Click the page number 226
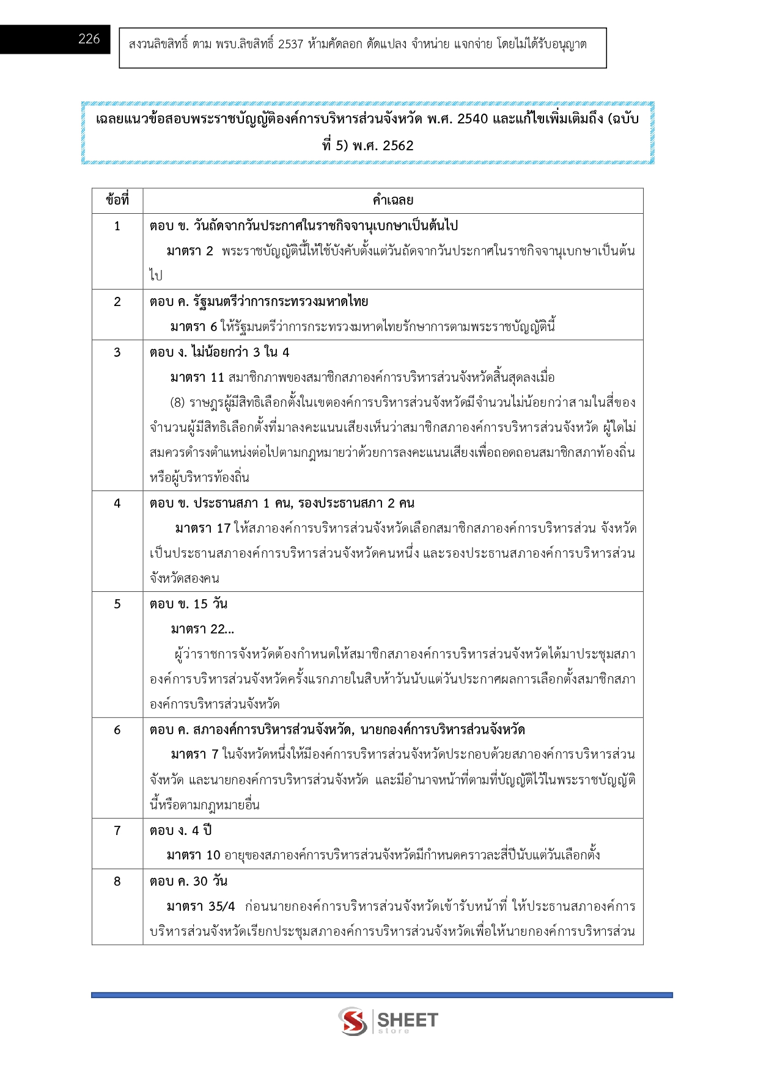point(89,39)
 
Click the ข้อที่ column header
point(117,200)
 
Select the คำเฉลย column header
point(393,200)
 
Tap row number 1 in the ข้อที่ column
point(117,226)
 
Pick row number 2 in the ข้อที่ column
point(117,302)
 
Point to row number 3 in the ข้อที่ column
point(117,352)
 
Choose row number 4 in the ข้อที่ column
point(117,503)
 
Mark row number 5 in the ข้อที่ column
point(117,604)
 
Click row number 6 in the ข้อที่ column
point(117,730)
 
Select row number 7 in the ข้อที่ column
point(117,831)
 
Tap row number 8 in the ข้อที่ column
point(117,881)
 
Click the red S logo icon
point(353,1021)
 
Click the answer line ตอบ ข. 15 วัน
point(188,604)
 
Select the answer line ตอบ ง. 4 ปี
point(180,831)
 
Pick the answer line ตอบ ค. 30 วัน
point(188,881)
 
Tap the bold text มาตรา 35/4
point(201,906)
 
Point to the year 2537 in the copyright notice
point(290,45)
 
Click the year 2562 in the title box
point(398,146)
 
